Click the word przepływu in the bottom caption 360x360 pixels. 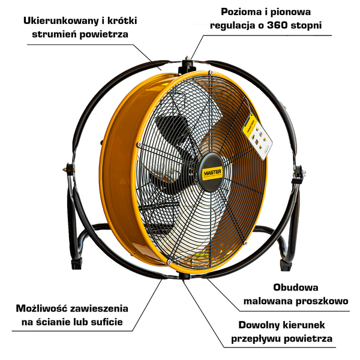click(257, 339)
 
